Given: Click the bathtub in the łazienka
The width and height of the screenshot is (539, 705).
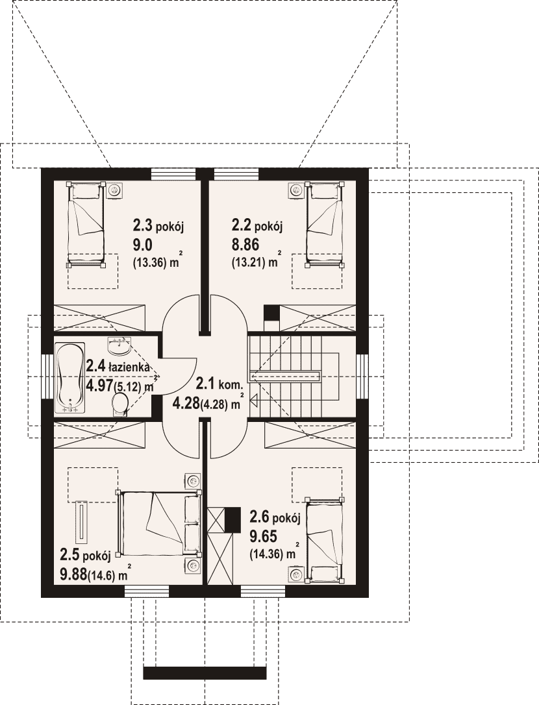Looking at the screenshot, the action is (69, 378).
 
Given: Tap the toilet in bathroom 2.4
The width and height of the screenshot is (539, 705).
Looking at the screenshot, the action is (119, 403).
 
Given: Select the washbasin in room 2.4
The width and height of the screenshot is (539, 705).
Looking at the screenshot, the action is (119, 345).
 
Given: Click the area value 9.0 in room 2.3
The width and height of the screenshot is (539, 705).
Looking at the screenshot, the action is (143, 245).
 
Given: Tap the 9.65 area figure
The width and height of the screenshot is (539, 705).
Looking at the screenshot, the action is (263, 537).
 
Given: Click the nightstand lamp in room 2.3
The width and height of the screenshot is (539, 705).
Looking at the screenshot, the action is (116, 191).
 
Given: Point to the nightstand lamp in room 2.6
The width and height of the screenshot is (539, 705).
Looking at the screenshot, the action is (295, 574).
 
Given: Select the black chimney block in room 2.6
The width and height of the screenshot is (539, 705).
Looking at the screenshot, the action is (232, 520).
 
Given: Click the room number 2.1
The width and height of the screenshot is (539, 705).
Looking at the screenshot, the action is (206, 384).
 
